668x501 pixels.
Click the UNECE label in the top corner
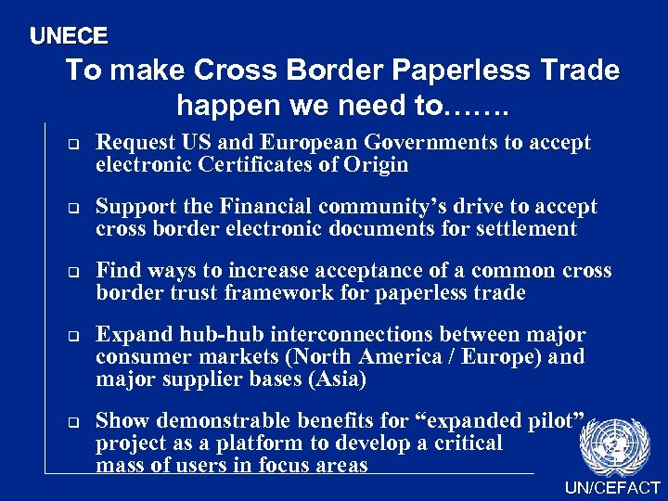pos(69,36)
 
